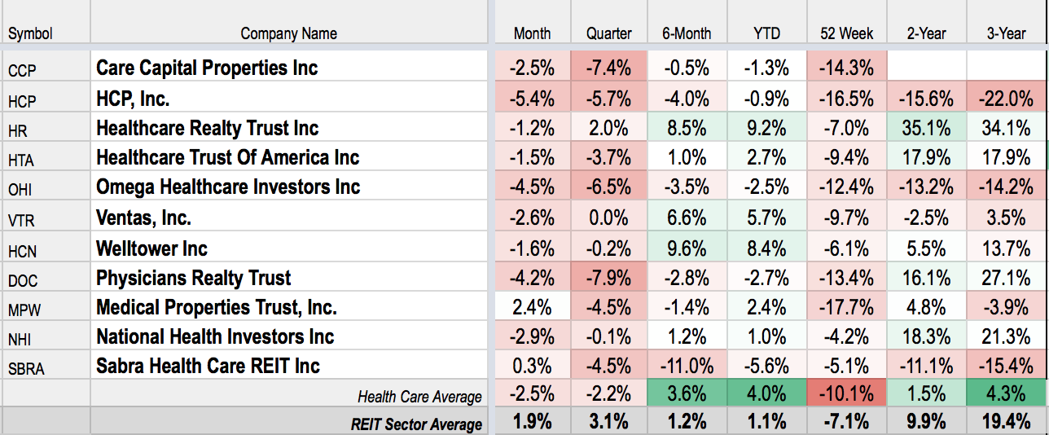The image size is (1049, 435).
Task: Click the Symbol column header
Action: pyautogui.click(x=30, y=33)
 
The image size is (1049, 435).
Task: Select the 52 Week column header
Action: pyautogui.click(x=846, y=33)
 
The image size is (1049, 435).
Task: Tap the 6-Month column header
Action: pyautogui.click(x=687, y=33)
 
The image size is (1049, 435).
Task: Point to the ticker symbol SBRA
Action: pyautogui.click(x=27, y=369)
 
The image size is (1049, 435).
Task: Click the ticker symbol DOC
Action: pyautogui.click(x=23, y=281)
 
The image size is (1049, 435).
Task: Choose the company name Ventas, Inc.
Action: pyautogui.click(x=143, y=218)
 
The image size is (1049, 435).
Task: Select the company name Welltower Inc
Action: pyautogui.click(x=151, y=248)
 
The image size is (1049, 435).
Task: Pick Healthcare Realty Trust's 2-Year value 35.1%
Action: pyautogui.click(x=924, y=128)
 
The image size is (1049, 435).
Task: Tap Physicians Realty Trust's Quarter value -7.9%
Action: pyautogui.click(x=608, y=278)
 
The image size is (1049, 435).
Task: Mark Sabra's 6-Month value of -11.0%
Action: pyautogui.click(x=687, y=366)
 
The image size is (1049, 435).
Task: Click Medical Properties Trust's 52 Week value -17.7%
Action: pyautogui.click(x=846, y=307)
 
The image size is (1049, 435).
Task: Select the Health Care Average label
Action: pyautogui.click(x=419, y=397)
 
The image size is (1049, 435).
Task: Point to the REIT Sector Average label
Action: pyautogui.click(x=416, y=424)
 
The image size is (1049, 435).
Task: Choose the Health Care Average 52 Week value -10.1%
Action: pyautogui.click(x=846, y=394)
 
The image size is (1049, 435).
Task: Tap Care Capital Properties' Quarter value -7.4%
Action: pyautogui.click(x=608, y=68)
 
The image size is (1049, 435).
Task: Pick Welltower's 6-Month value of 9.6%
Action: pyautogui.click(x=687, y=248)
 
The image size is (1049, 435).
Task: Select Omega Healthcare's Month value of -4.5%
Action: pyautogui.click(x=532, y=187)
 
